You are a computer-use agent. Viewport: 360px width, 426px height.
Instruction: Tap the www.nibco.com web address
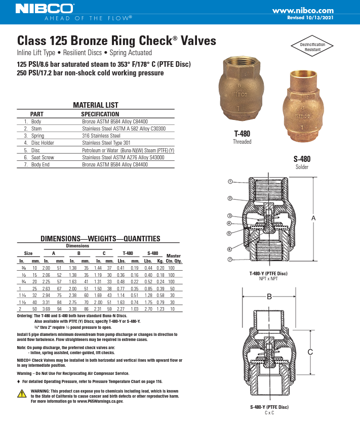click(303, 10)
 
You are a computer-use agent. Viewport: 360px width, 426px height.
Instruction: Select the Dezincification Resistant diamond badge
click(312, 47)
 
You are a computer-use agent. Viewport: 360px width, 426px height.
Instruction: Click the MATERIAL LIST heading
click(96, 105)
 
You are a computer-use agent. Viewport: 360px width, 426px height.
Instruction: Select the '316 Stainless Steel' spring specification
click(101, 136)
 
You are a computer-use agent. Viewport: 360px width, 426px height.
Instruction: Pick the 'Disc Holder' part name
click(43, 143)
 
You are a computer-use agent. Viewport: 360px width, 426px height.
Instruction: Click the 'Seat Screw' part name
click(43, 157)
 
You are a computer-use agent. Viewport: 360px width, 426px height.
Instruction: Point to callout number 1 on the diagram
click(230, 181)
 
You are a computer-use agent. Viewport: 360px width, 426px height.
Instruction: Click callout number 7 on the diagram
click(230, 259)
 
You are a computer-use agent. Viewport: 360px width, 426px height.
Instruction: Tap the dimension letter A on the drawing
click(313, 218)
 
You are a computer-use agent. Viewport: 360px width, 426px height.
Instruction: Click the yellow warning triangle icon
click(22, 394)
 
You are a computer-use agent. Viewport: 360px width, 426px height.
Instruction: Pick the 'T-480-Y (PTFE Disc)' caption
click(268, 273)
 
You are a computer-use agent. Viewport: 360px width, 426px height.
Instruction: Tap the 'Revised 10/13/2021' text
click(310, 17)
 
